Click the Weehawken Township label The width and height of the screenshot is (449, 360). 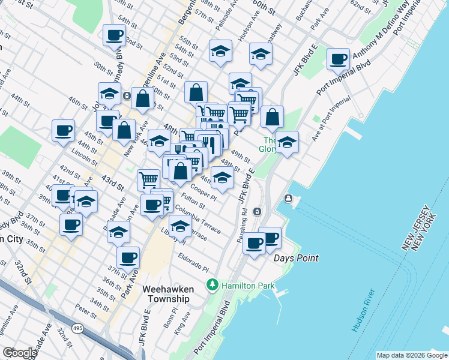click(x=166, y=293)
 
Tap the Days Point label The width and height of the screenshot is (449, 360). click(x=296, y=258)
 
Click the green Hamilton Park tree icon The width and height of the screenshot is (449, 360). click(x=211, y=284)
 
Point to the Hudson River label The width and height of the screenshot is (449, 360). click(x=364, y=310)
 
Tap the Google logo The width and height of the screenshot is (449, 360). click(x=19, y=353)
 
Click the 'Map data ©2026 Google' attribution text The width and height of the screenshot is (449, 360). click(x=412, y=355)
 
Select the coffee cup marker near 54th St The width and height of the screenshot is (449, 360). click(x=114, y=36)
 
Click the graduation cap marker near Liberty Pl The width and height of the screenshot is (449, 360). click(x=179, y=226)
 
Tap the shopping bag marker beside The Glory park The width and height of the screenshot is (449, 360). click(x=273, y=118)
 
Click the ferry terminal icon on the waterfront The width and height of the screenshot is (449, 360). click(x=289, y=199)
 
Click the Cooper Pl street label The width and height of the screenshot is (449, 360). click(x=205, y=195)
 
